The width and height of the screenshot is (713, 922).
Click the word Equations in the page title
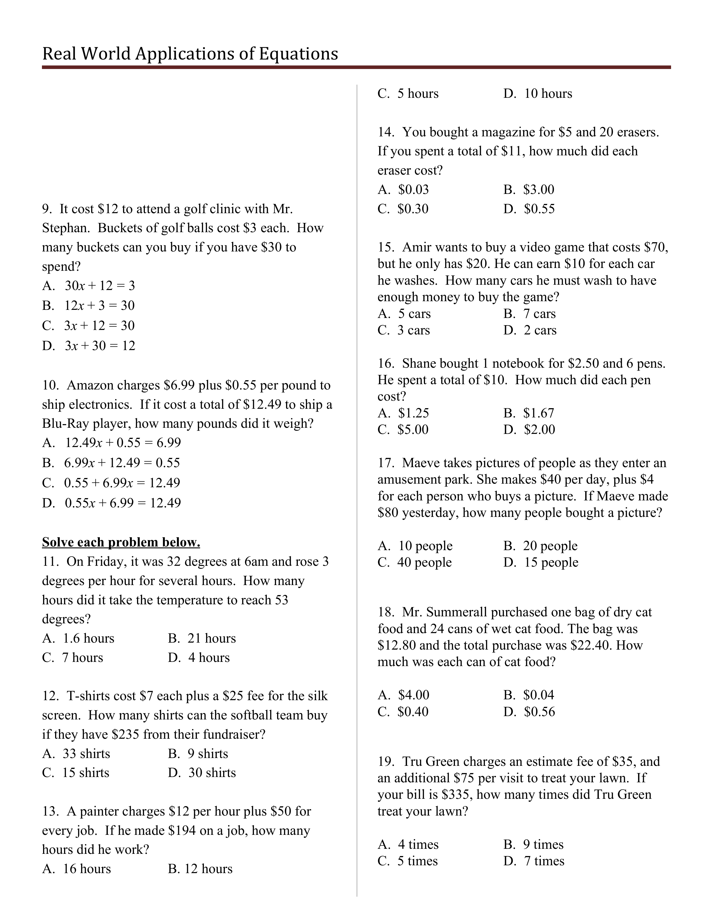pyautogui.click(x=298, y=54)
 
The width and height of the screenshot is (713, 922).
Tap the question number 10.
pyautogui.click(x=49, y=386)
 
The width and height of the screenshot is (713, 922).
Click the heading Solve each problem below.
pyautogui.click(x=121, y=543)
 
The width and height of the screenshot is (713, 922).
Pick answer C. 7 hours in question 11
pyautogui.click(x=73, y=658)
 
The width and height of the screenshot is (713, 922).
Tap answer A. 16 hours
pyautogui.click(x=76, y=869)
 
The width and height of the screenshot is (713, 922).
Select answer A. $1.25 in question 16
pyautogui.click(x=403, y=413)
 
